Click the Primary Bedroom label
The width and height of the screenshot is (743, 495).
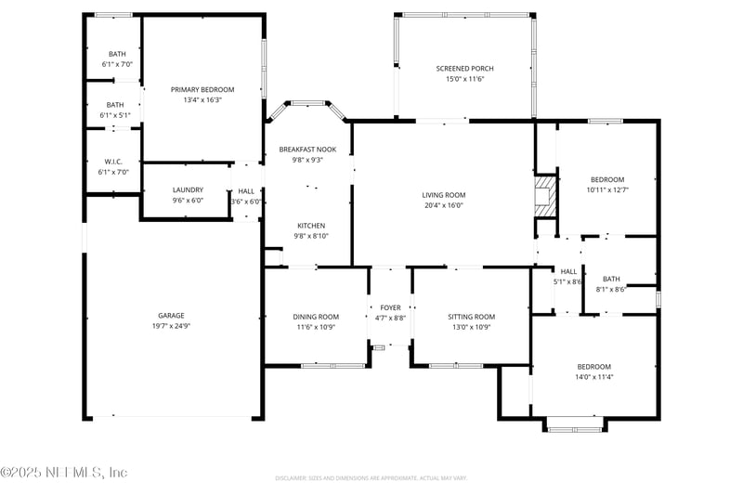tap(202, 89)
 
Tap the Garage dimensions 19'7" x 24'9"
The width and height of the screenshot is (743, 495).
tap(169, 326)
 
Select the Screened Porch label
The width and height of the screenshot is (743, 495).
tap(464, 69)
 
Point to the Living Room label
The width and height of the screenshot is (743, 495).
tap(443, 195)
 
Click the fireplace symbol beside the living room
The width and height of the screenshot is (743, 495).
tap(543, 198)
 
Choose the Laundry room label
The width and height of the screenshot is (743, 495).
tap(187, 190)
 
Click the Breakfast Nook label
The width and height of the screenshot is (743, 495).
tap(307, 149)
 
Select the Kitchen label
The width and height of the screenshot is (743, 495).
tap(311, 226)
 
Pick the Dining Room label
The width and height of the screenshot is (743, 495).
tap(316, 317)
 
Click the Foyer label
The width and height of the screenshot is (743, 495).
tap(390, 307)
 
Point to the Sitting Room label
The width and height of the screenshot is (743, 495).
tap(471, 317)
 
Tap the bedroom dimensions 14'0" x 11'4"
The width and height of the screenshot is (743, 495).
tap(593, 377)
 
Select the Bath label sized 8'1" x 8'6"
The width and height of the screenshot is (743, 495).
tap(611, 279)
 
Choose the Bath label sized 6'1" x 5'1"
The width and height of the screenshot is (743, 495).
tap(115, 105)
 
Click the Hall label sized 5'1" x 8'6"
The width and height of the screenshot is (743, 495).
tap(568, 271)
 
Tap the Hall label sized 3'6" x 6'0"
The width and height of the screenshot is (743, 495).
tap(246, 190)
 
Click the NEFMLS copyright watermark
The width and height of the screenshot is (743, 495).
tap(64, 473)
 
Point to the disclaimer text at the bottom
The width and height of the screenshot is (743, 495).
tap(371, 478)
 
